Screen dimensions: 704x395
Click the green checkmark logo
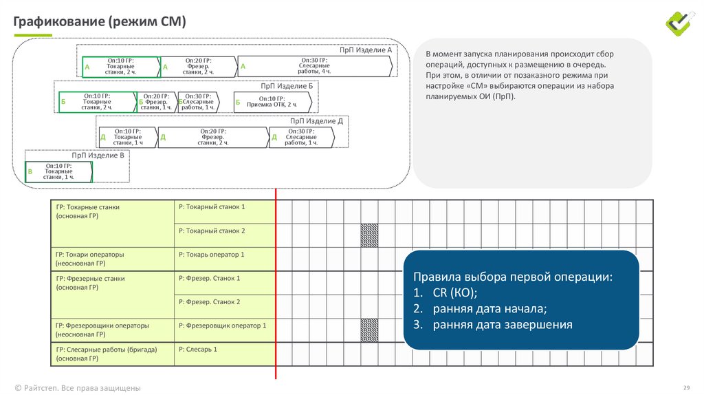(680, 23)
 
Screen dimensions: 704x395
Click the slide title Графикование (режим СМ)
(100, 21)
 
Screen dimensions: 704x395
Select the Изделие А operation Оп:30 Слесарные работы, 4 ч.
(315, 66)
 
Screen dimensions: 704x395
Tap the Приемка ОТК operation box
(272, 102)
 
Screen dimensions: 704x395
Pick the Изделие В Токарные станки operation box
(59, 171)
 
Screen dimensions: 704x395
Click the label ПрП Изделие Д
(316, 121)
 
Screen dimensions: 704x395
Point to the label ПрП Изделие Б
(287, 86)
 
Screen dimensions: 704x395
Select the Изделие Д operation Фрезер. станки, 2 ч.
(213, 137)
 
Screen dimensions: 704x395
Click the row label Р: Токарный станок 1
(212, 207)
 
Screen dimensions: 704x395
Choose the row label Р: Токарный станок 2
(212, 231)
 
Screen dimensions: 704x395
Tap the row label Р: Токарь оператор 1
(212, 255)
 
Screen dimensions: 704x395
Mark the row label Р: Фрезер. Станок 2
(209, 302)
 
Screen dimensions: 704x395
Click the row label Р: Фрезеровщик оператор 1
(222, 325)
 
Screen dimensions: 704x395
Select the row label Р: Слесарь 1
(197, 349)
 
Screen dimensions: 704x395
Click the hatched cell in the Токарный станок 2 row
(369, 235)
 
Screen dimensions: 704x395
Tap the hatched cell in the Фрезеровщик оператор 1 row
(369, 330)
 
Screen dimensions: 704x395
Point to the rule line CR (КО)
(445, 292)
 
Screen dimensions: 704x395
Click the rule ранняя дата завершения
(492, 324)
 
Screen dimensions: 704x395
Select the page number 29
(687, 387)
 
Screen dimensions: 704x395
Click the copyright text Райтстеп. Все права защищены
(78, 388)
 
